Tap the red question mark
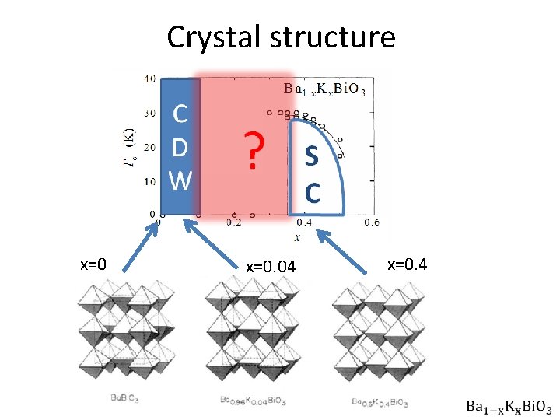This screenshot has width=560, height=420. coord(250,150)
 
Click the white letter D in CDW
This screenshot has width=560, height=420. coord(180,147)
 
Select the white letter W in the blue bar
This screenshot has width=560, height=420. coord(180,180)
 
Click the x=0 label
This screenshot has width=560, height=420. coord(93,264)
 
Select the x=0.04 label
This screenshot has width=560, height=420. coord(271,267)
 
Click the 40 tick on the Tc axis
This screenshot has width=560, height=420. coord(149,79)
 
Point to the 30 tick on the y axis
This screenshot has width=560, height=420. coord(149,114)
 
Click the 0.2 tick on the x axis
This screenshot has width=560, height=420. coord(233,222)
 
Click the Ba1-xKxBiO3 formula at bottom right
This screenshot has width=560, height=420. coord(509,406)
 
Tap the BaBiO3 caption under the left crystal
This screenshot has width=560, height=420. coord(124,399)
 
